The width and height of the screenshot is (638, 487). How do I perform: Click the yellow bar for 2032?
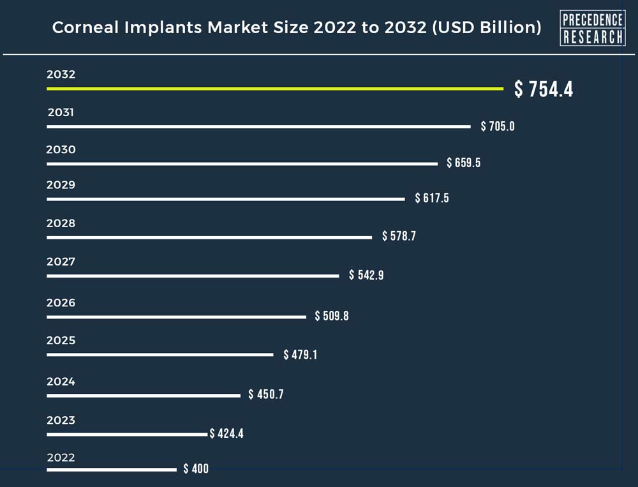274,89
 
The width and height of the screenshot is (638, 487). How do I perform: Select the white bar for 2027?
193,276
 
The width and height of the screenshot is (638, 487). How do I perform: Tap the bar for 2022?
112,470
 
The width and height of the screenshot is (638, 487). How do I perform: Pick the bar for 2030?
242,164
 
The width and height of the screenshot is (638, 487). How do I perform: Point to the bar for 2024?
144,396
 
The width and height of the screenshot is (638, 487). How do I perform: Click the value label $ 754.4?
544,89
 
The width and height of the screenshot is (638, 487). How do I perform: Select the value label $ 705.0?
498,126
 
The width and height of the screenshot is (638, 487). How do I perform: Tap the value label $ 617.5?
432,198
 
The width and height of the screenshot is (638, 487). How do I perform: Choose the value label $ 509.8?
332,316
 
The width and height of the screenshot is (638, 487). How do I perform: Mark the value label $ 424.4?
226,434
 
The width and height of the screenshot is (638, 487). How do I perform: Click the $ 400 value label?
196,469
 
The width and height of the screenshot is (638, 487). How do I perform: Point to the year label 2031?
61,113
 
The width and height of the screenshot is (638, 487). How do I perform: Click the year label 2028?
61,223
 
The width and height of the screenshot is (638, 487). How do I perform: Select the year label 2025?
61,340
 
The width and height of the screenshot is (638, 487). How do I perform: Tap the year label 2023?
61,420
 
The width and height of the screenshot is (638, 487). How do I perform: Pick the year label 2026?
61,303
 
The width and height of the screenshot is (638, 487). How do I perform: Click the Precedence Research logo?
592,29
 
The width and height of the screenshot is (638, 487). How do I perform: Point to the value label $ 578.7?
399,236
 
